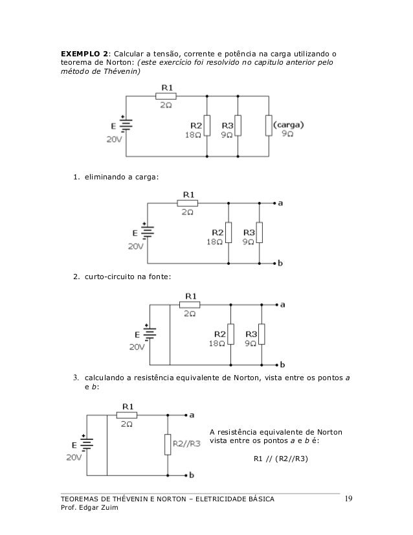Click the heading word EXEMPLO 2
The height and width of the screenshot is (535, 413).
tap(84, 52)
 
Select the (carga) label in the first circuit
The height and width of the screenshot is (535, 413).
tap(289, 124)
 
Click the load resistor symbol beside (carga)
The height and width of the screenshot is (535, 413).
tap(268, 125)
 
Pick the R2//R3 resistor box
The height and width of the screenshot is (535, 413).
tap(168, 444)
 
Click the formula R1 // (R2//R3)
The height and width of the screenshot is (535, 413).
tap(280, 461)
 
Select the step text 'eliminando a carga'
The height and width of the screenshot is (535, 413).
tap(121, 176)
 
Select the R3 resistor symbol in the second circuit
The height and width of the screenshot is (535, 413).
tap(260, 232)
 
